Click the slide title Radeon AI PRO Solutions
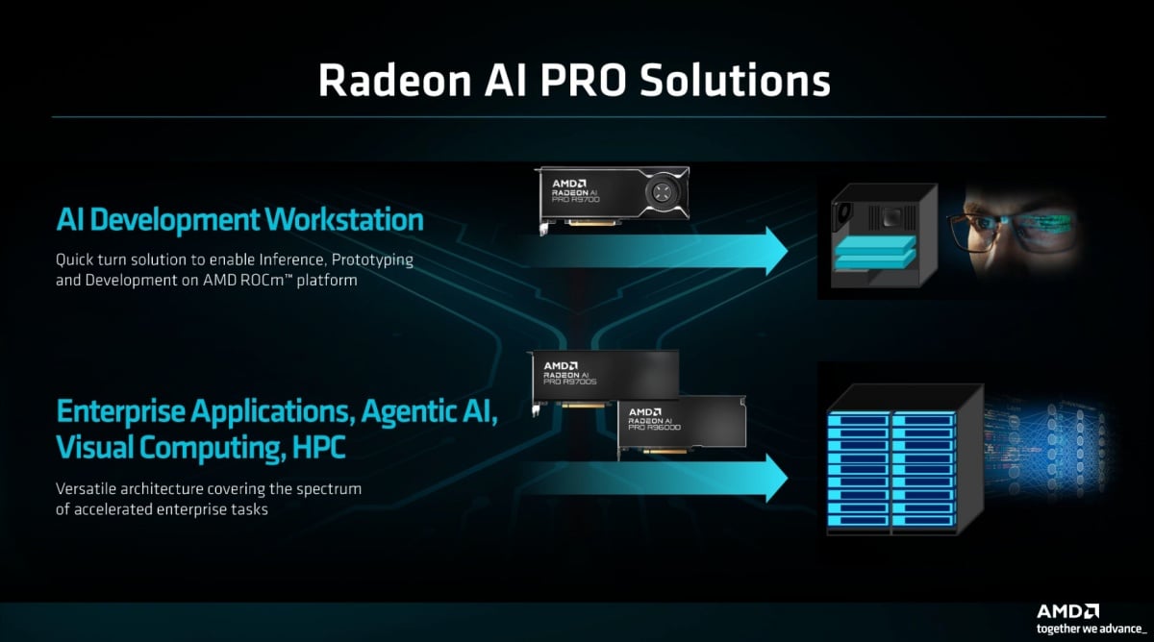tap(574, 81)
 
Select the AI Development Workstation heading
tap(239, 219)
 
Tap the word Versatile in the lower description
tap(87, 489)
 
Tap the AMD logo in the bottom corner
tap(1067, 611)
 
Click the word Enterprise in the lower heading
tap(119, 411)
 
